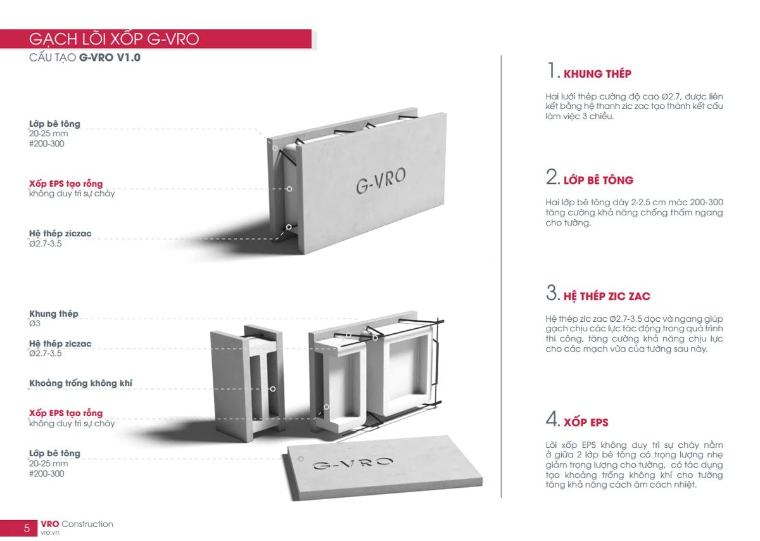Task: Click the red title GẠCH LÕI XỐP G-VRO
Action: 114,39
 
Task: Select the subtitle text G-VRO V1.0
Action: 110,58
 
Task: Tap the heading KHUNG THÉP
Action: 597,73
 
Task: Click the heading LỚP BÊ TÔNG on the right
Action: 598,180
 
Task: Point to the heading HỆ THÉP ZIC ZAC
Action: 607,296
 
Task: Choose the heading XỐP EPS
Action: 586,422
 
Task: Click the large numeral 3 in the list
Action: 552,293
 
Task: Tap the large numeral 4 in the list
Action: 552,419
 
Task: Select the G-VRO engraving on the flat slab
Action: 353,463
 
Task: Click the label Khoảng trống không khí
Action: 81,383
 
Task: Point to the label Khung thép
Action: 54,314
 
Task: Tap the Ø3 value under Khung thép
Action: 35,324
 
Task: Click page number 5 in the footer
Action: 27,528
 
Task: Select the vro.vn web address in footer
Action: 50,533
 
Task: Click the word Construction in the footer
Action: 87,524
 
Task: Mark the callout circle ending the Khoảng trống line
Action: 273,389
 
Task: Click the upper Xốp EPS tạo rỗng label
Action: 66,184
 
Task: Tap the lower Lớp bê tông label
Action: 54,454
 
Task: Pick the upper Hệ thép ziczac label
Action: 60,234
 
